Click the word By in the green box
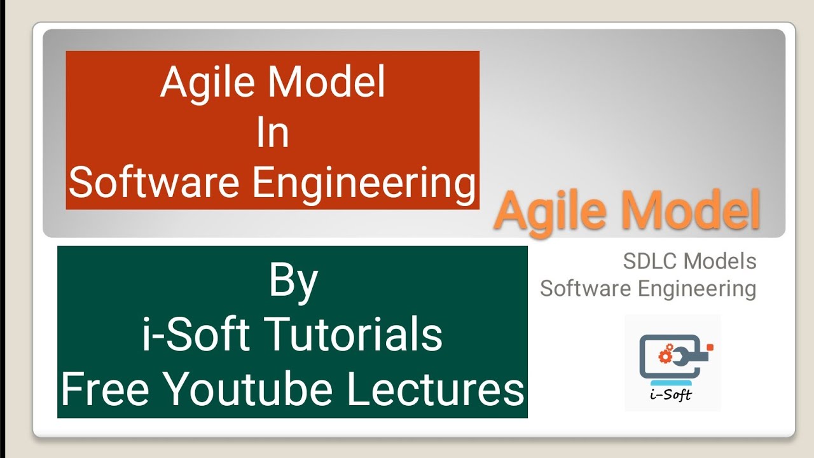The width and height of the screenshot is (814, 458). point(293,282)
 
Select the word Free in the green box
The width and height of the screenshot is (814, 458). point(104,388)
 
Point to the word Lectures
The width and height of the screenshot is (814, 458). point(436,388)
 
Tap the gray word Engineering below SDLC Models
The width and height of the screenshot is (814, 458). point(697,289)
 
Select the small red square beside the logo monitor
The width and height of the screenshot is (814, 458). point(711,347)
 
